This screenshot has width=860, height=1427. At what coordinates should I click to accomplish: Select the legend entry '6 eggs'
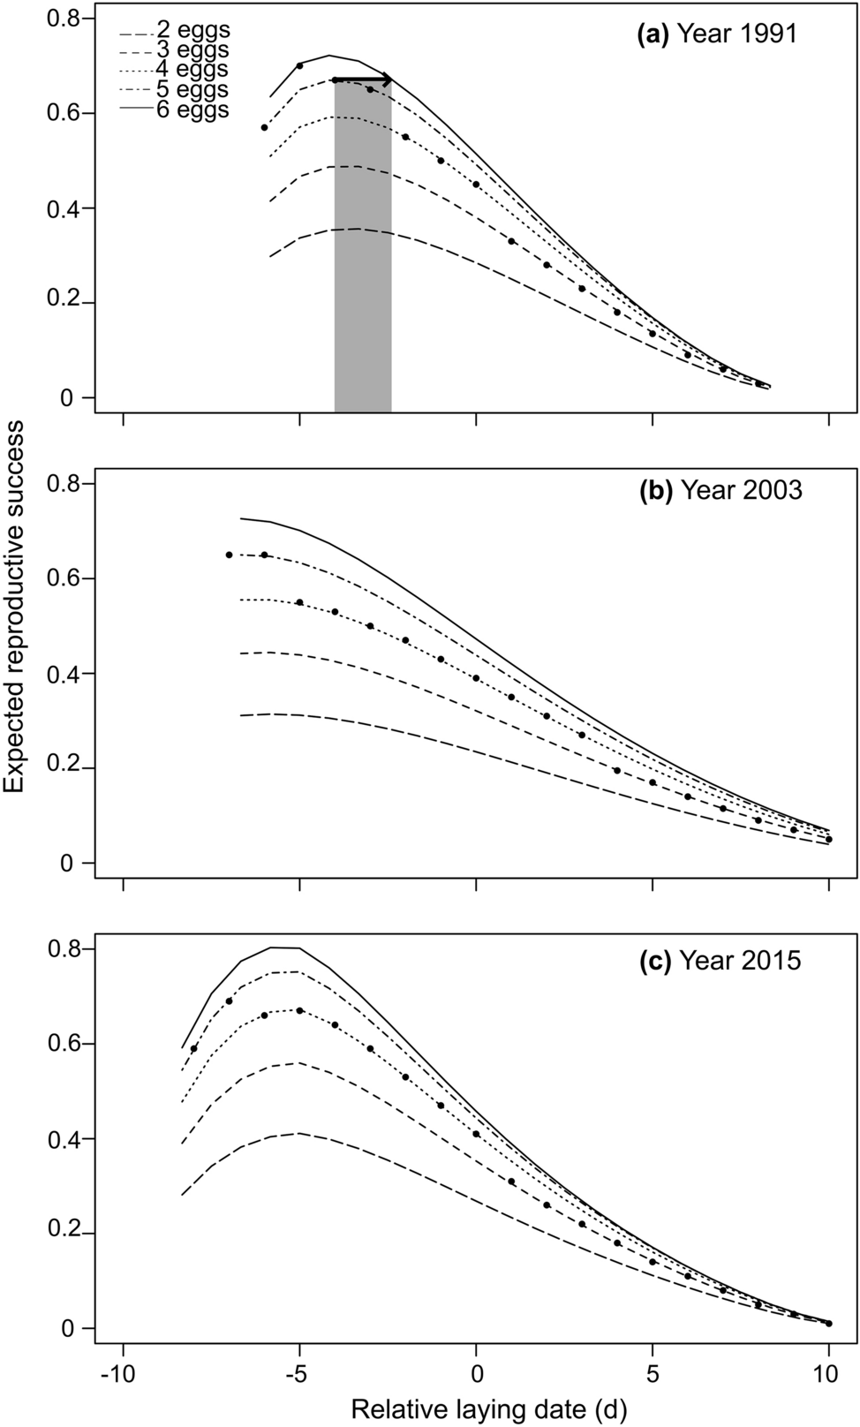tap(192, 109)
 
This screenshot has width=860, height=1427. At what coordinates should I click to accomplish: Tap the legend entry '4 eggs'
tap(192, 70)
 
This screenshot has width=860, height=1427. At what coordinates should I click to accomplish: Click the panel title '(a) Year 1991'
tap(717, 34)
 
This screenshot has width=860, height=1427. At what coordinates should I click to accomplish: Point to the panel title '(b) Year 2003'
tap(720, 490)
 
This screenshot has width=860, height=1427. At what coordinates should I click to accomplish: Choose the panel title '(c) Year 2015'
tap(720, 960)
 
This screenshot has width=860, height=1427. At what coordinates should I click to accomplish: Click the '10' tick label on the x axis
tap(828, 1376)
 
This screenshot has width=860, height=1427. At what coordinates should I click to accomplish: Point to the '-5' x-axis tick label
tap(299, 1376)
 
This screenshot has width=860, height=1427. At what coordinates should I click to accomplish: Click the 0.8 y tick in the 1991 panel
tap(64, 19)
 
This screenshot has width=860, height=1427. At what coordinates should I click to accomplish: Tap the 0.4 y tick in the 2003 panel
tap(64, 674)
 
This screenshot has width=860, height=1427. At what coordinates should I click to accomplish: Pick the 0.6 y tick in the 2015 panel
tap(64, 1045)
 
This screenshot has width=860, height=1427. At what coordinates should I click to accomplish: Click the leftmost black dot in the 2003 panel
tap(229, 555)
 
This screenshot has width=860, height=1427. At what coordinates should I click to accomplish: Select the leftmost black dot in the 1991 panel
tap(264, 128)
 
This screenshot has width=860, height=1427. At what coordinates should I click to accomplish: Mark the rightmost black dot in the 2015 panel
tap(828, 1323)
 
